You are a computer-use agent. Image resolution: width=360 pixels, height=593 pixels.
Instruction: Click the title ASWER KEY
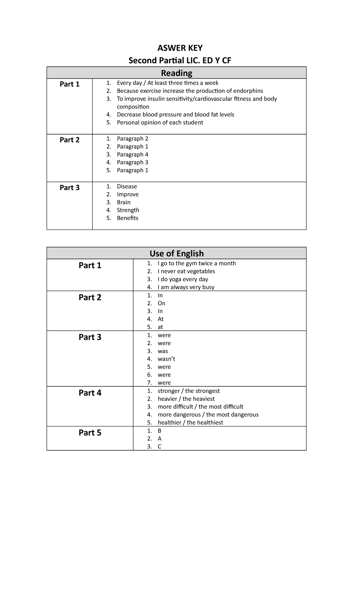[180, 48]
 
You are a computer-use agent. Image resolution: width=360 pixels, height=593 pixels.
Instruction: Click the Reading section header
[176, 73]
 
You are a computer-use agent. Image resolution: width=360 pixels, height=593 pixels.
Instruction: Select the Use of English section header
[176, 254]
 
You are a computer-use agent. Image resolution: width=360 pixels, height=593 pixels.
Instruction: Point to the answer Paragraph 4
[132, 155]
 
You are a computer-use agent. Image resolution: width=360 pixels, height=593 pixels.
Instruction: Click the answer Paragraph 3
[132, 162]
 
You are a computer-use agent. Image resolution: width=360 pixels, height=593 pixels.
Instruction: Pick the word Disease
[127, 186]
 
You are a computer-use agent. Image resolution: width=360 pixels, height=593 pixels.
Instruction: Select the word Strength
[128, 210]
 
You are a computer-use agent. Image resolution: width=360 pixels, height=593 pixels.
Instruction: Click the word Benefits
[127, 218]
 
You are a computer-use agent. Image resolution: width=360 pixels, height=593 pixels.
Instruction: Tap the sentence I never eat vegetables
[186, 271]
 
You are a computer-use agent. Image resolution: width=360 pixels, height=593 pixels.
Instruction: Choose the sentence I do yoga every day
[183, 279]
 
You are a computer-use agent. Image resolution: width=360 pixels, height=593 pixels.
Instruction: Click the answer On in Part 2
[161, 303]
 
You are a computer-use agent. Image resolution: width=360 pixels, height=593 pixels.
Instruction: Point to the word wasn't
[166, 359]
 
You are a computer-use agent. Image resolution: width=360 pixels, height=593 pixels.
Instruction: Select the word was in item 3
[163, 351]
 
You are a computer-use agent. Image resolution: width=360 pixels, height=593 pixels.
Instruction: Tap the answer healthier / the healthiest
[190, 423]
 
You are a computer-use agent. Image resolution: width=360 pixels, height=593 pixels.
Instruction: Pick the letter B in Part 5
[160, 431]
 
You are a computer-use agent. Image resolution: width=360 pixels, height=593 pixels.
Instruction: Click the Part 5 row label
[90, 433]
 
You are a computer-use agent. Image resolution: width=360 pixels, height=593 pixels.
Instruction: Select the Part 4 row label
[90, 393]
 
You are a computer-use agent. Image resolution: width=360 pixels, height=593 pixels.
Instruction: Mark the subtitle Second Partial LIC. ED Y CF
[180, 61]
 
